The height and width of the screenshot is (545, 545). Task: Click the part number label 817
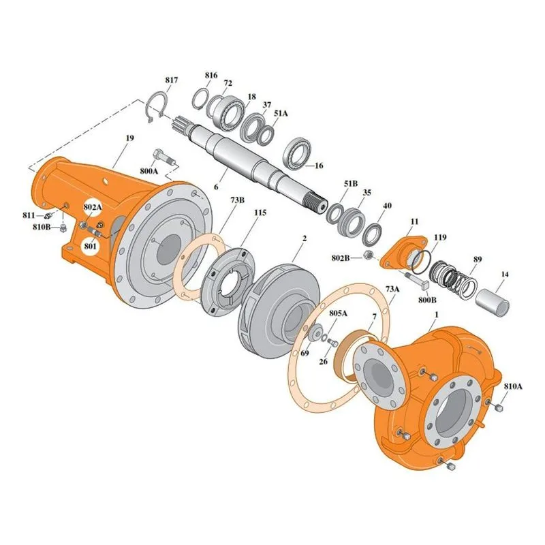pyautogui.click(x=172, y=80)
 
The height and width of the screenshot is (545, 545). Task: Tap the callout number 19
pyautogui.click(x=129, y=138)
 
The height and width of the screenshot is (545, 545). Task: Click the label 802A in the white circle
pyautogui.click(x=93, y=207)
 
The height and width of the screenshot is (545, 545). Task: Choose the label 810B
pyautogui.click(x=42, y=228)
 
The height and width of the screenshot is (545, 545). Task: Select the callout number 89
pyautogui.click(x=478, y=260)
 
